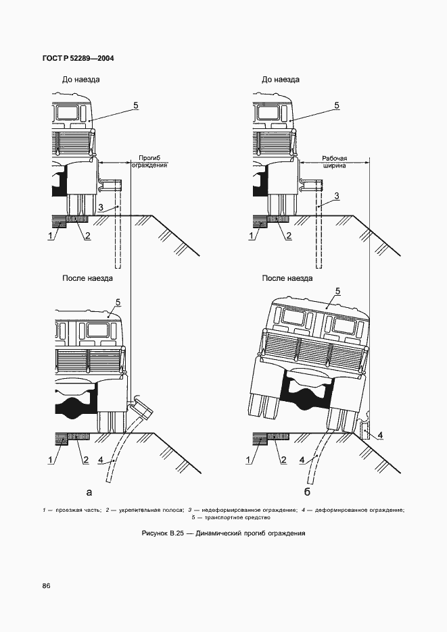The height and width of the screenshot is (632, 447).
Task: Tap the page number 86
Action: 46,585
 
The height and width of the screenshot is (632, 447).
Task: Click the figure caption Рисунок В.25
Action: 223,533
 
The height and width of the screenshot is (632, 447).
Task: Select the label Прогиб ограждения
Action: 149,161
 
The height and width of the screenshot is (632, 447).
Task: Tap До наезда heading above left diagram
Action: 81,80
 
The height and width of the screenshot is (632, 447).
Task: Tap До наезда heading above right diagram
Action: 281,80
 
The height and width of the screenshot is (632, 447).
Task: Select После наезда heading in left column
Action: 87,278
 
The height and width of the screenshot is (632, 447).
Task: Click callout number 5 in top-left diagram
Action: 136,105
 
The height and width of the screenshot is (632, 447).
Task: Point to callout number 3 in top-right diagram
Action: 335,196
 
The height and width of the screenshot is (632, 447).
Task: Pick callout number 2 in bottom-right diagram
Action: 283,460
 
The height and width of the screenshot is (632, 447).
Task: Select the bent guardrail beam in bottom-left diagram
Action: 143,408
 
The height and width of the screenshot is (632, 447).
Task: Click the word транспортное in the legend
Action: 233,518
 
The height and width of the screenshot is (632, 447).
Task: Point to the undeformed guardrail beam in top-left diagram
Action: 110,184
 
